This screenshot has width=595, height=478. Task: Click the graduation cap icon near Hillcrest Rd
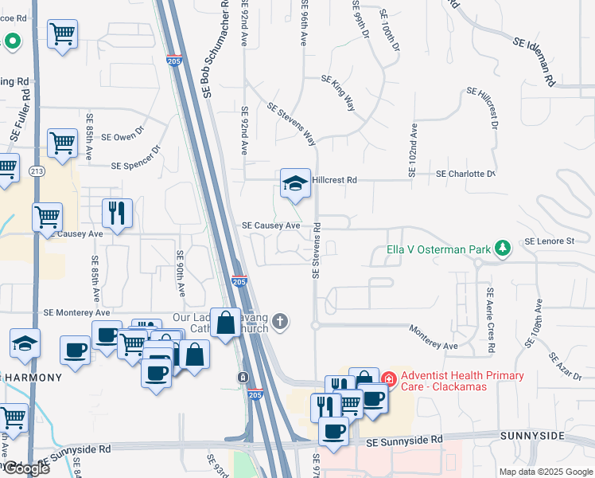coord(294,184)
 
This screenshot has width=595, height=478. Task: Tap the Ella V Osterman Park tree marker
coord(503,249)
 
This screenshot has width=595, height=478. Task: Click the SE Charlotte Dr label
coord(465,174)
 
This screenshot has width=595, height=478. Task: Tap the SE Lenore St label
coord(550,241)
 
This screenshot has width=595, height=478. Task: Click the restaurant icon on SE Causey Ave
coord(117,213)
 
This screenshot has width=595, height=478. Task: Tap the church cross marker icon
coord(278,321)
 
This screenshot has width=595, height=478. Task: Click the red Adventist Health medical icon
coord(388,377)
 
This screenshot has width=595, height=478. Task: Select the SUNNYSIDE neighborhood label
coord(532,437)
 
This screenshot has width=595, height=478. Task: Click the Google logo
coord(25,468)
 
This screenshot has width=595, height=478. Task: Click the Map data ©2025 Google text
coord(545,472)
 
